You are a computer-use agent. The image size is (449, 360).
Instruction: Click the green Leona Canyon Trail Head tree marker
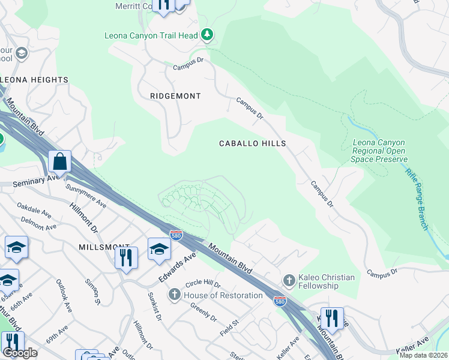207,35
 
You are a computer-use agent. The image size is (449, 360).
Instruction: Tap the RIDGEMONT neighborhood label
175,96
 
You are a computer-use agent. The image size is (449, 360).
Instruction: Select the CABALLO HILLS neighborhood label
252,143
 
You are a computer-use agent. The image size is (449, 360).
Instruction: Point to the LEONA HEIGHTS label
34,80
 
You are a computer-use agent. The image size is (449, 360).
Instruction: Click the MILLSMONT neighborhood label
104,247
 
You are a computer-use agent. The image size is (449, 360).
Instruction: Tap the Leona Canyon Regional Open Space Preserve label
379,151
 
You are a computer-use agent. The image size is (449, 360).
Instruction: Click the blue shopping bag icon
60,161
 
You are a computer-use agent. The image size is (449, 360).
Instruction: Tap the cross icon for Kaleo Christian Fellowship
289,281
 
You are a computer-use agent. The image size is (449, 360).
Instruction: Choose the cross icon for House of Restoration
174,295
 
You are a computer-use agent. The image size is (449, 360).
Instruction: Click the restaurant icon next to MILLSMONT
126,257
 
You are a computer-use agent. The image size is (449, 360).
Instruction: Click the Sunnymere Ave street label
86,197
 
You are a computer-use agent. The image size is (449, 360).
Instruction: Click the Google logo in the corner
20,353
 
